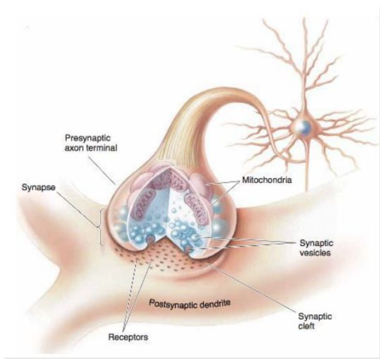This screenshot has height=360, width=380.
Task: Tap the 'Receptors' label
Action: pyautogui.click(x=129, y=338)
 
